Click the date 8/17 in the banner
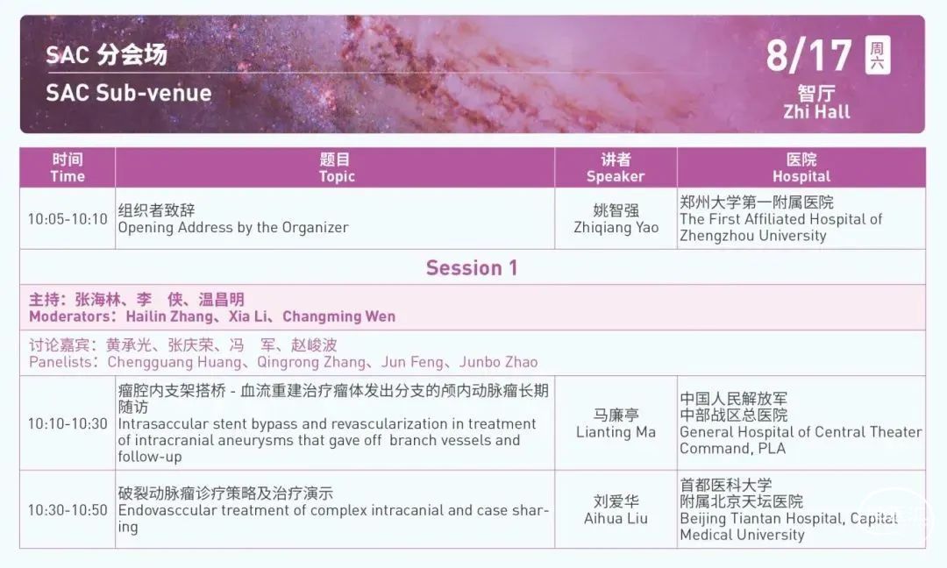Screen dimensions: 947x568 [x=808, y=55]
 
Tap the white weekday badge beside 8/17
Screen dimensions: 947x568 [x=878, y=55]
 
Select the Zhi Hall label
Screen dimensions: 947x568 [x=816, y=111]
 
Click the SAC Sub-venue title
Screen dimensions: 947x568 [x=129, y=93]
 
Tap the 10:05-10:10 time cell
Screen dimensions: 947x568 [x=68, y=219]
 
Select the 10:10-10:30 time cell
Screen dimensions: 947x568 [x=68, y=423]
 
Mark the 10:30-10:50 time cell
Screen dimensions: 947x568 [x=68, y=510]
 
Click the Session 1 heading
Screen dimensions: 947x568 [x=472, y=267]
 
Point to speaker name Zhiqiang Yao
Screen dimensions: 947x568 [x=616, y=228]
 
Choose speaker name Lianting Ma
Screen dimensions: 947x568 [x=616, y=432]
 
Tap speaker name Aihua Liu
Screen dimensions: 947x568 [x=616, y=519]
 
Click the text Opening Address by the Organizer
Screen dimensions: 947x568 [x=233, y=228]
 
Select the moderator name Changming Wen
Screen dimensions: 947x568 [x=338, y=316]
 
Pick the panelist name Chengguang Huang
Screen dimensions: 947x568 [x=174, y=362]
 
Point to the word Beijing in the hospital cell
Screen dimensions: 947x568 [x=701, y=519]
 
